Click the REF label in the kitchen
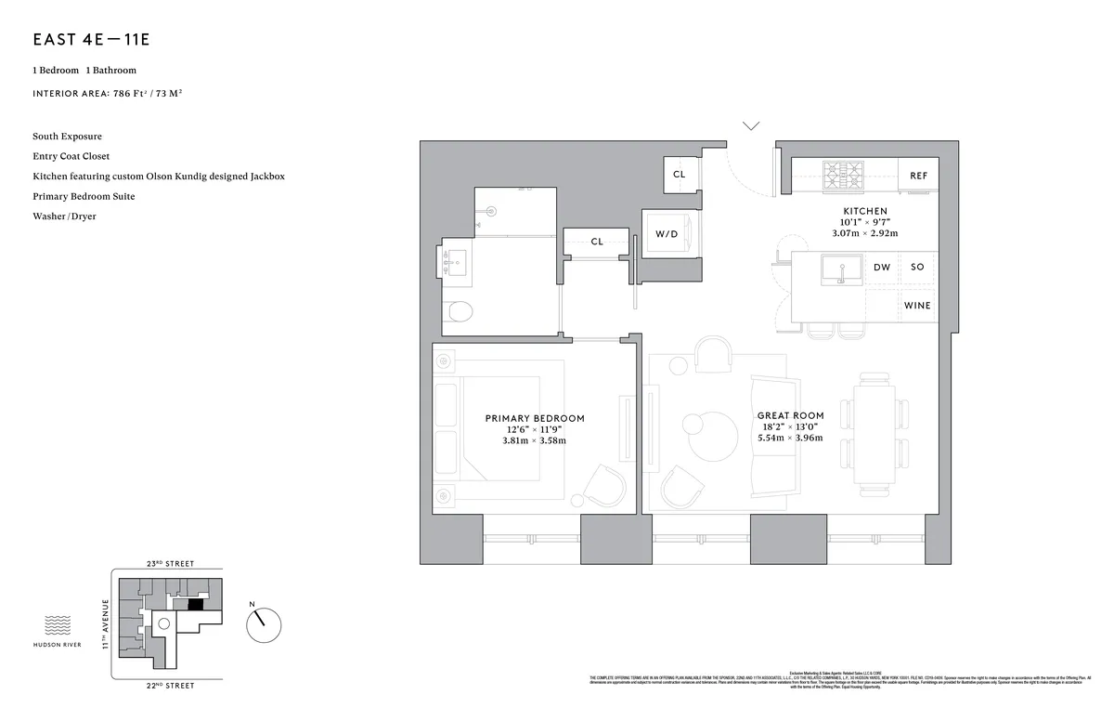tap(918, 176)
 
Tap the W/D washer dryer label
tap(667, 234)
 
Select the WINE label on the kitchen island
tap(917, 306)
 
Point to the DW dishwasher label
tap(881, 268)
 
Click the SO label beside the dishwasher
tap(917, 268)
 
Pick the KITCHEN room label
tap(864, 211)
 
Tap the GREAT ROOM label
tap(790, 415)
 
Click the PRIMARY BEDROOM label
tap(535, 418)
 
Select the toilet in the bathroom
tap(459, 311)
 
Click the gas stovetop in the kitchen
tap(844, 174)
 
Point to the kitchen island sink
tap(839, 270)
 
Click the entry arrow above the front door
tap(751, 125)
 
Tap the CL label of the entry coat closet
tap(680, 174)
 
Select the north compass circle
tap(264, 623)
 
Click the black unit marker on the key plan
tap(195, 604)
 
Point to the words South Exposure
tap(67, 137)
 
